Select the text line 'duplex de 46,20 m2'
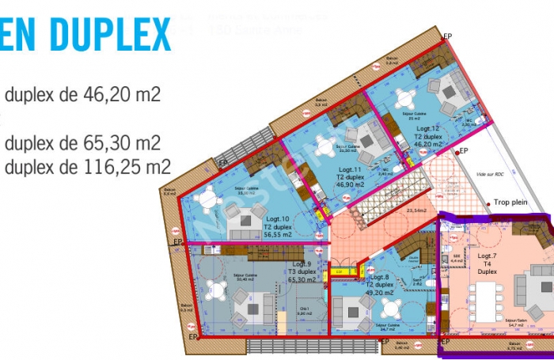coord(82,95)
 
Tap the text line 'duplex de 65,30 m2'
coord(82,144)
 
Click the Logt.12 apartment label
coord(428,128)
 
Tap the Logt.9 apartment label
coord(302,264)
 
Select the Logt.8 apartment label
coord(380,277)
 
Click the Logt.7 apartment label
coord(487,257)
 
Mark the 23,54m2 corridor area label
coord(416,210)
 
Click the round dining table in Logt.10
coord(208,202)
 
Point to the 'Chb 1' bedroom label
coord(304,309)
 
